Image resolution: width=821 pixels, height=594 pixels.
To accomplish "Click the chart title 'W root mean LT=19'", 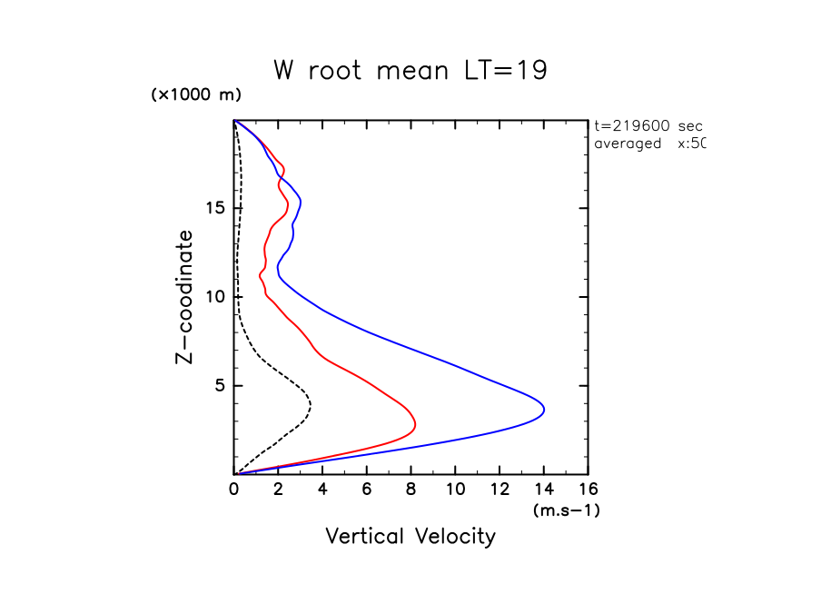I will coord(410,71).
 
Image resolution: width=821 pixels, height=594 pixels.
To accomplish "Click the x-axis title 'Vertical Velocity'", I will coord(410,537).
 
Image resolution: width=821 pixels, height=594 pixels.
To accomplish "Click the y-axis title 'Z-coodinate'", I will coord(184,297).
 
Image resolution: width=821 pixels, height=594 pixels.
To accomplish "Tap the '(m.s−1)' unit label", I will coord(566,510).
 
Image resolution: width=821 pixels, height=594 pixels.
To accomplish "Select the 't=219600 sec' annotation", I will coord(648,126).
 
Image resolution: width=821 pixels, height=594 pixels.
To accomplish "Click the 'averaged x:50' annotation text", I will coord(648,144).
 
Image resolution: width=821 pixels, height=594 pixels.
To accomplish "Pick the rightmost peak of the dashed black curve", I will coord(311,406).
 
